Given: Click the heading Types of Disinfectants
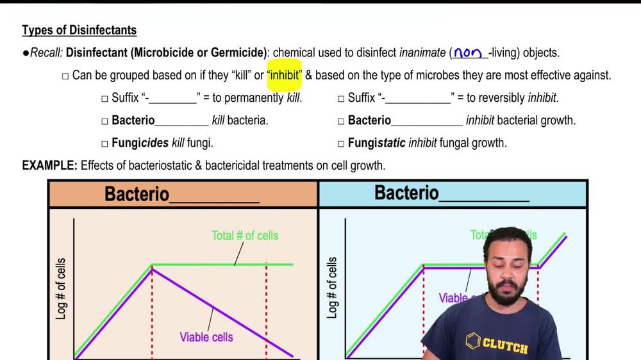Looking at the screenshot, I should pos(79,30).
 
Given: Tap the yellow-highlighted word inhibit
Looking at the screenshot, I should pos(284,75).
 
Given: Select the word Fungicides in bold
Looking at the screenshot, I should pos(140,142).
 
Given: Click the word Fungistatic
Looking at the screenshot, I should pos(376,142).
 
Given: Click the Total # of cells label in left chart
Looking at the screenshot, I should pos(245,236).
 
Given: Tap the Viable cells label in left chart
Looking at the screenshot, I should pos(206,337).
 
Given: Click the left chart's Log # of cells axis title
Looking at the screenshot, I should pos(62,289).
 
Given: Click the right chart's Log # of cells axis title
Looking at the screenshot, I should pos(332,289).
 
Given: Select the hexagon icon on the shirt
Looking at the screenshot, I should pos(474,340).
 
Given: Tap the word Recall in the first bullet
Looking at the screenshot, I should pos(45,53).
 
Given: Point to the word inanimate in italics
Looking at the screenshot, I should pos(423,53).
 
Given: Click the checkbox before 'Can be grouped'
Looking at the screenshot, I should pos(65,76).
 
